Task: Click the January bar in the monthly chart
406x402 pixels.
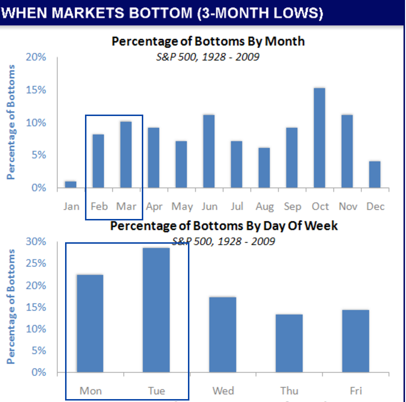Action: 70,184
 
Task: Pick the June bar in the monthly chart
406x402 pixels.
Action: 209,151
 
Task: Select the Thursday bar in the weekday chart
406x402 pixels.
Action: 289,343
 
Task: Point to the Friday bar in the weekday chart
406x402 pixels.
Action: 355,341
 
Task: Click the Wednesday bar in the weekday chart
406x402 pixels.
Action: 223,335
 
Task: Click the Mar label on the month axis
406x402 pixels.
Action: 126,206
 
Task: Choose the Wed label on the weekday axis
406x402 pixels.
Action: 223,391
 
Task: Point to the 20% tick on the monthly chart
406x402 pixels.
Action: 36,57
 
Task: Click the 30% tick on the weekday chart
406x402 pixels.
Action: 36,242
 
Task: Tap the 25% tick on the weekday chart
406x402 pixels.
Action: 36,264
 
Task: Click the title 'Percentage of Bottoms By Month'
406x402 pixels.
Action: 208,41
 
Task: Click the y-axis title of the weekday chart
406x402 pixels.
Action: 11,307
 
